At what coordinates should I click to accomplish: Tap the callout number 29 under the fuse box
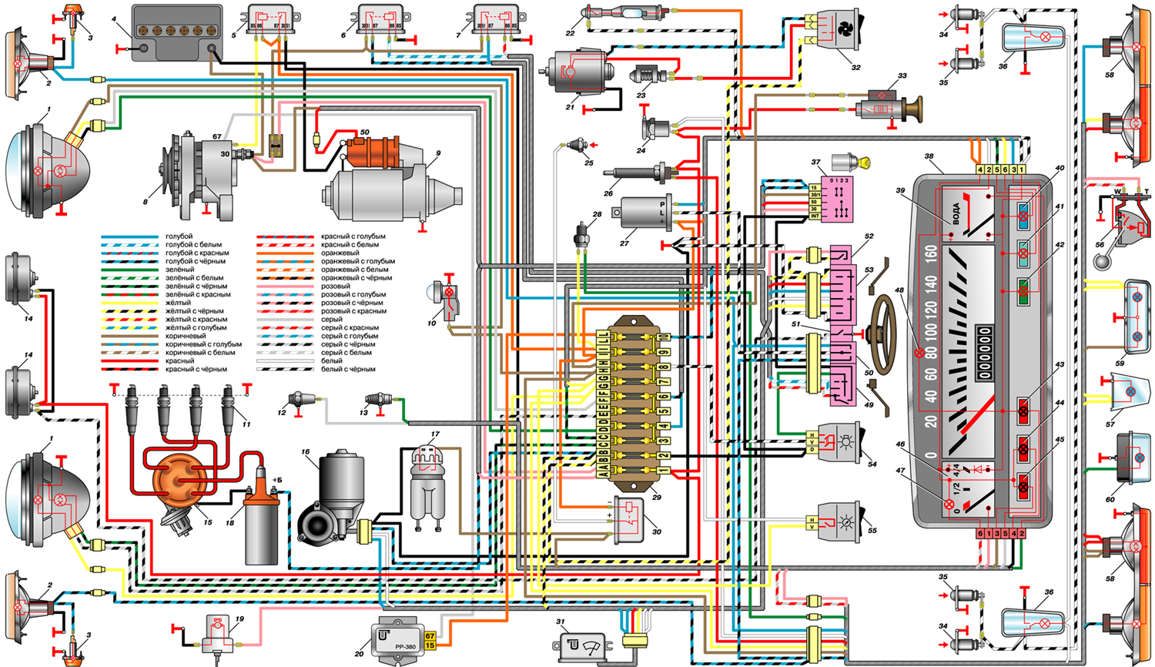pos(656,497)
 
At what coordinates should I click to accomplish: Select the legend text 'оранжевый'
pos(340,253)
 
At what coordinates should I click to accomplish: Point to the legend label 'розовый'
pos(336,286)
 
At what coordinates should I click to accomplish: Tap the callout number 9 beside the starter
pos(437,153)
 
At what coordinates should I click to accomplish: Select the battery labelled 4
pos(176,31)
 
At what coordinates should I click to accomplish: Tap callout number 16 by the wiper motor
pos(306,452)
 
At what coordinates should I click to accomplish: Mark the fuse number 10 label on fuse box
pos(664,337)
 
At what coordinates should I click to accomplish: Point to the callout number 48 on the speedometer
pos(920,290)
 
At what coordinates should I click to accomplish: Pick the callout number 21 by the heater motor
pos(570,107)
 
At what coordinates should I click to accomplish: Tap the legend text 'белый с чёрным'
pos(348,369)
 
